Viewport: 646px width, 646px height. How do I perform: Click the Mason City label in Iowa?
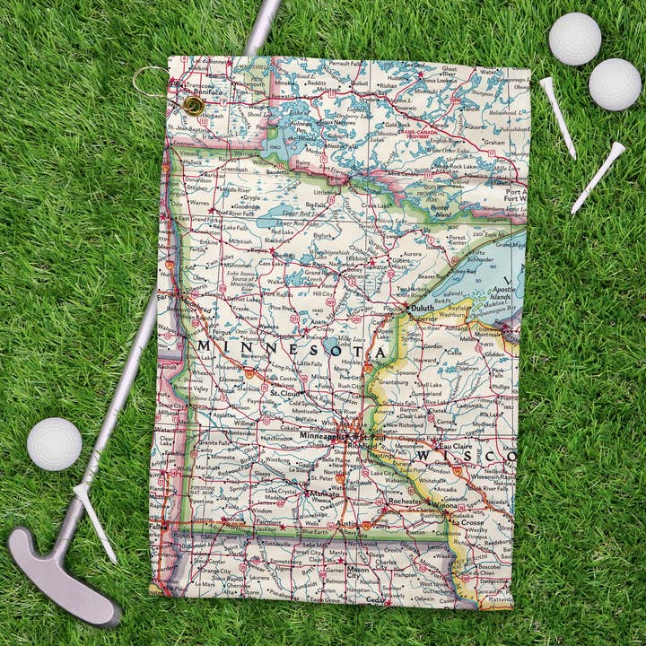[358, 569]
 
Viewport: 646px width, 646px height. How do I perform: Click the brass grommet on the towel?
[193, 106]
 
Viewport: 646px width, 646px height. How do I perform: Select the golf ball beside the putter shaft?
[55, 443]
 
